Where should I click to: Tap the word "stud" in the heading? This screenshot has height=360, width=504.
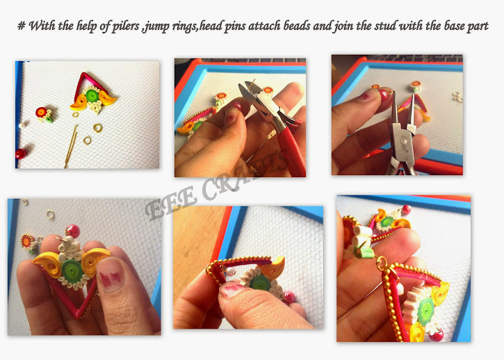click(x=385, y=26)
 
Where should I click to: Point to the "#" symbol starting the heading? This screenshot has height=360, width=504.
click(x=22, y=26)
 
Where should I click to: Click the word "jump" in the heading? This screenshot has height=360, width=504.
click(x=156, y=26)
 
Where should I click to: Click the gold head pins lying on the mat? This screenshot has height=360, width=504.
click(x=71, y=147)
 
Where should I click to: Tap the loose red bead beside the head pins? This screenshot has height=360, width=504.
click(x=21, y=154)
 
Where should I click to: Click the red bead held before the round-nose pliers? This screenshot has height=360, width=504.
click(x=382, y=95)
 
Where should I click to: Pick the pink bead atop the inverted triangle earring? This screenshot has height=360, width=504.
click(x=72, y=231)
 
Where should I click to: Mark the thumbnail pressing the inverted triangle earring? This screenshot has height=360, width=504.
click(x=110, y=274)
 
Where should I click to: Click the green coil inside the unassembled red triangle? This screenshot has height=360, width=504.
click(x=92, y=96)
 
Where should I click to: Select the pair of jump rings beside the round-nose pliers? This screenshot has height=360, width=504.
click(x=457, y=97)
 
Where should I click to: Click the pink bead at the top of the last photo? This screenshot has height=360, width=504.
click(x=406, y=210)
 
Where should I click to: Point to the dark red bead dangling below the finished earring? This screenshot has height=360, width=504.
click(x=437, y=335)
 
